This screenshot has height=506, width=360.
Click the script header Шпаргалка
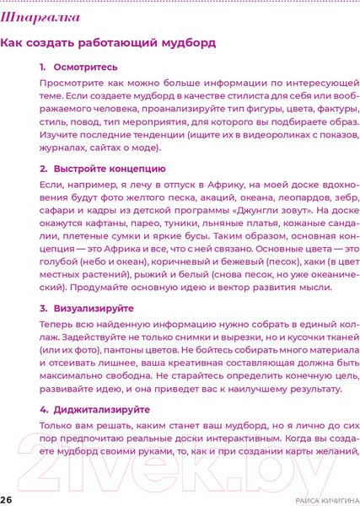[x=41, y=16]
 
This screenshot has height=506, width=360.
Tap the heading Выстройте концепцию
[x=103, y=169]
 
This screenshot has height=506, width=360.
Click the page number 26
[x=7, y=499]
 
